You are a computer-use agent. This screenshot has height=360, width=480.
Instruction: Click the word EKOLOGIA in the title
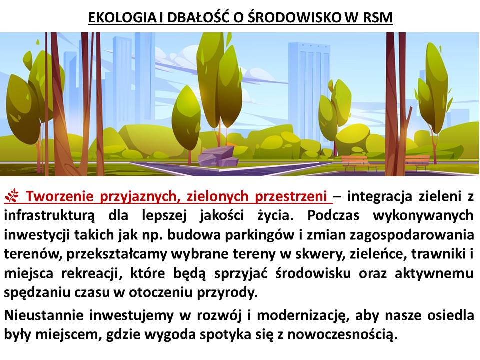click(122, 18)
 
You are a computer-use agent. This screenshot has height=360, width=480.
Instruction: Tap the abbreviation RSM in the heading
click(378, 18)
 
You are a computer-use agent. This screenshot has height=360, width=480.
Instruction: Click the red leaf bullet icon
click(11, 196)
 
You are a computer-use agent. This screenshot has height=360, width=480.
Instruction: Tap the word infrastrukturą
click(49, 216)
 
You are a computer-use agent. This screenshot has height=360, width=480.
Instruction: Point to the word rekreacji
click(90, 274)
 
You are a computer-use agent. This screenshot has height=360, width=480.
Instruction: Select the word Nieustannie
click(43, 315)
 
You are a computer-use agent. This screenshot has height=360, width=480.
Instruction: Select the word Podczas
click(333, 216)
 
